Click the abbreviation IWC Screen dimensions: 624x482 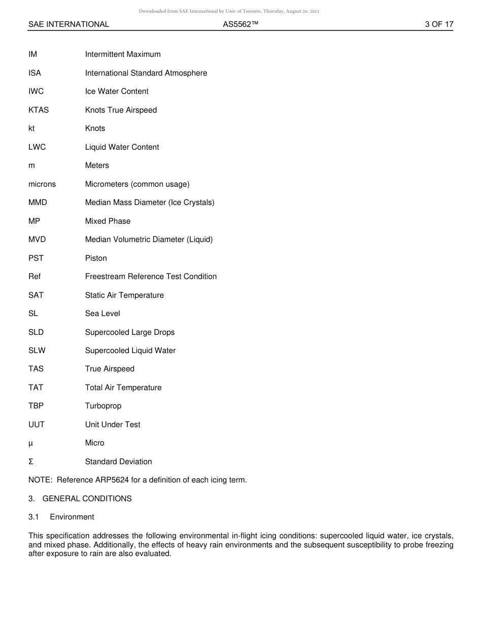coord(36,91)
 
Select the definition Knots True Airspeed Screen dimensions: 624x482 coord(121,110)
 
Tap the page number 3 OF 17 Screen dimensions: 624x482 coord(439,24)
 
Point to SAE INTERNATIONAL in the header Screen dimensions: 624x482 coord(68,24)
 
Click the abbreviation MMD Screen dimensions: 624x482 coord(38,202)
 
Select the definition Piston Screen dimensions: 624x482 coord(96,258)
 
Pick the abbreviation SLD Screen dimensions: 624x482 coord(36,332)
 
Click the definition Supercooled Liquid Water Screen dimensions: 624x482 coord(130,351)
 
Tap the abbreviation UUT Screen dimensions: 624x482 coord(37,425)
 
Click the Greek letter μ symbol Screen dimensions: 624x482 coord(30,443)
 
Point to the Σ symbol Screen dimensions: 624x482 coord(31,462)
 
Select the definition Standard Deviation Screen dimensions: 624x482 coord(118,462)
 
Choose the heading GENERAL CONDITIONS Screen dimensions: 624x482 coord(87,499)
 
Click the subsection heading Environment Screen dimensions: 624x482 coord(72,517)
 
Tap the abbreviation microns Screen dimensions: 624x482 coord(42,184)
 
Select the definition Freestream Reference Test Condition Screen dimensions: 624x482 coord(151,276)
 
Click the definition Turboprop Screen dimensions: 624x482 coord(103,406)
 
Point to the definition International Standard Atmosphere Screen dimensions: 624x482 coord(146,73)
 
